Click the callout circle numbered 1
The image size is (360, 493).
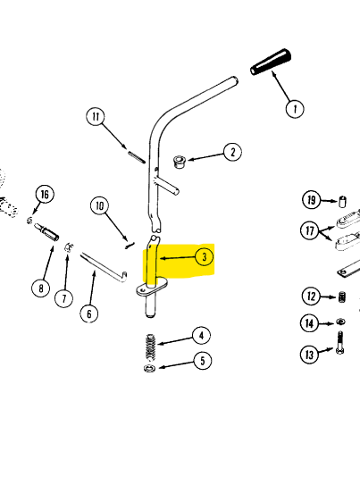(294, 109)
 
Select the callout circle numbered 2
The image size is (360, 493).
(231, 153)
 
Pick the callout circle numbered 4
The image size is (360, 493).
(201, 336)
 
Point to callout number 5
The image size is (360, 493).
(201, 361)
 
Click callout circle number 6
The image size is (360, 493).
(88, 313)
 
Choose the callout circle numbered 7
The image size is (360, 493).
(63, 297)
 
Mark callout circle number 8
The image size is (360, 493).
(39, 288)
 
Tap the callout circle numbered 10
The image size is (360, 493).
(101, 207)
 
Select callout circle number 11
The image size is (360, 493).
(96, 117)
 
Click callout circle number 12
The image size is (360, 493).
(310, 297)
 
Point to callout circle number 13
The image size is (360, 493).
(310, 355)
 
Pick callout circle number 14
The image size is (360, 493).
(310, 323)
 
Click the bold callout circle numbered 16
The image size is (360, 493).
(44, 194)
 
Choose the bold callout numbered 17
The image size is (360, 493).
(309, 230)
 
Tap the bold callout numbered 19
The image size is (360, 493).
(310, 199)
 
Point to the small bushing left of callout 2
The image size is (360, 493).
(178, 163)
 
